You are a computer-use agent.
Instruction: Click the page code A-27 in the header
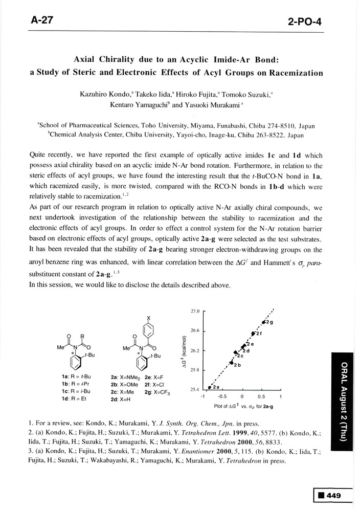pyautogui.click(x=41, y=20)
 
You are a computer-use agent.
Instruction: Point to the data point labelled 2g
pyautogui.click(x=264, y=321)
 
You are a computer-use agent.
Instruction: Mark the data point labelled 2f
pyautogui.click(x=253, y=334)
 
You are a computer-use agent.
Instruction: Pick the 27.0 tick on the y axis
pyautogui.click(x=195, y=311)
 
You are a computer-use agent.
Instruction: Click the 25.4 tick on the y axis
pyautogui.click(x=195, y=390)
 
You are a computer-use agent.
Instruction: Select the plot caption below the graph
pyautogui.click(x=241, y=406)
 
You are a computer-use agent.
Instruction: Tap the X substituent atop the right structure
pyautogui.click(x=149, y=318)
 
